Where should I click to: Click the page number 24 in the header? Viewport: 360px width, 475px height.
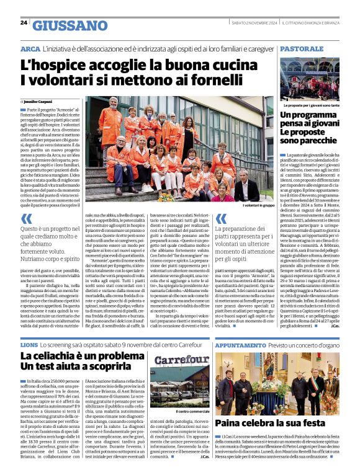24,22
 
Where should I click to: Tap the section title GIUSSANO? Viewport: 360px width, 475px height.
70,25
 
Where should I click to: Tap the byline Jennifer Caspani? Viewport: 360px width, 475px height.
38,100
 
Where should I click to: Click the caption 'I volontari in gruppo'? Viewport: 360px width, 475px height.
258,205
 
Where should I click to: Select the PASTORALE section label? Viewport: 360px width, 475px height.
304,48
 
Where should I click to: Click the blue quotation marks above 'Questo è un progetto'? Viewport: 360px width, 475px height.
27,219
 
